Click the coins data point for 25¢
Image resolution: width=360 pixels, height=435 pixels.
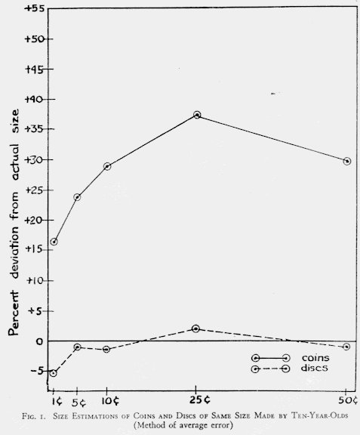[x=197, y=115]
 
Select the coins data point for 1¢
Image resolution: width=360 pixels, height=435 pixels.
[x=54, y=242]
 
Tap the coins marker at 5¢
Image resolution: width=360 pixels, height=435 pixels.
[x=77, y=197]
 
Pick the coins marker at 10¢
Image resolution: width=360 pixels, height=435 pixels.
[x=107, y=166]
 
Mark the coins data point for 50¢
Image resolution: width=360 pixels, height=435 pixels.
[x=347, y=161]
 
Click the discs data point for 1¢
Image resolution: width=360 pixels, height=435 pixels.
[x=54, y=373]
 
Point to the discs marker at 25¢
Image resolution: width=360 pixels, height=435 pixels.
[x=195, y=329]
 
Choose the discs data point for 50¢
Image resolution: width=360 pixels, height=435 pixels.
[x=346, y=347]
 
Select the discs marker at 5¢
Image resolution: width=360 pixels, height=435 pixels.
[x=78, y=347]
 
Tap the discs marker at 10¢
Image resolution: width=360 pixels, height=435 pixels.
[x=106, y=349]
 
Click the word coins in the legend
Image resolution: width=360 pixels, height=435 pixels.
[x=315, y=358]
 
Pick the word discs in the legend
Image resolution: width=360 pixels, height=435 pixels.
[x=315, y=368]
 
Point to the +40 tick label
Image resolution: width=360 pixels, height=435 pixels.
[x=35, y=100]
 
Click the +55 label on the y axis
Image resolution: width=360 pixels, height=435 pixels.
[x=35, y=8]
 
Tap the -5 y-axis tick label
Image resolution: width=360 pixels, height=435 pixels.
[x=38, y=370]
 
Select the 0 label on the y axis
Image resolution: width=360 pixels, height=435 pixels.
[x=39, y=341]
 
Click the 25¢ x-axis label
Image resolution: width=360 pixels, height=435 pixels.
[x=200, y=400]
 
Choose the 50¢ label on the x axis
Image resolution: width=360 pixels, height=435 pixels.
[x=348, y=400]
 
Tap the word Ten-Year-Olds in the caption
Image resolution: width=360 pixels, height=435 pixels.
[x=319, y=416]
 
